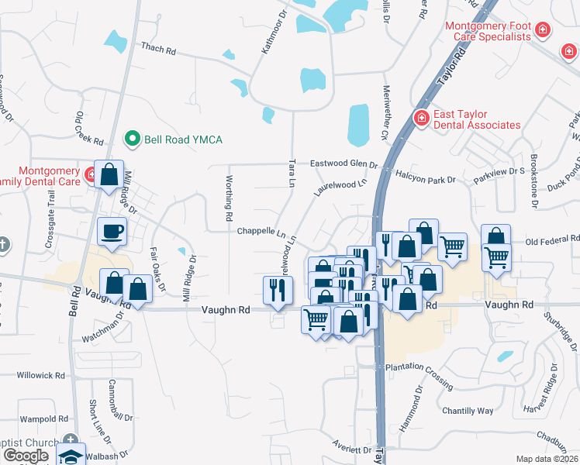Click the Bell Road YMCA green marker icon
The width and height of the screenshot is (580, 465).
133,139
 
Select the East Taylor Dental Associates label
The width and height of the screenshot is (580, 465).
476,119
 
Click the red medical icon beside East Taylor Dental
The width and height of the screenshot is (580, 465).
421,118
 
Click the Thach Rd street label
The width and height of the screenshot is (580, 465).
158,48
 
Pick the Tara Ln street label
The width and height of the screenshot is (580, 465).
292,174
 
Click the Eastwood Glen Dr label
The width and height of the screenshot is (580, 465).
343,164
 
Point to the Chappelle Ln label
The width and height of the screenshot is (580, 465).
261,231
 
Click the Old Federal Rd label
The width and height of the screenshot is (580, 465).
552,242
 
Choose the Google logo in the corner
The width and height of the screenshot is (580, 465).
26,456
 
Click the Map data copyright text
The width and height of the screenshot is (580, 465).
547,459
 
